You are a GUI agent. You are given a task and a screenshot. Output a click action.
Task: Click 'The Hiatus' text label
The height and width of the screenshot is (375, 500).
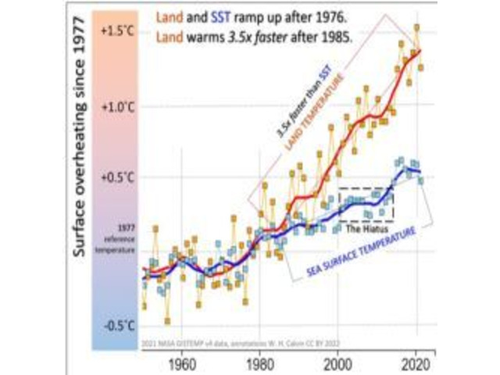pos(366,230)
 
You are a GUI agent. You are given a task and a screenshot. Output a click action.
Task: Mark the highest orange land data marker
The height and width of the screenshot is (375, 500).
pos(417,27)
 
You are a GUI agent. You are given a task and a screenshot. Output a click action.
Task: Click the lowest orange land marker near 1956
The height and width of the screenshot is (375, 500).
pos(167,320)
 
